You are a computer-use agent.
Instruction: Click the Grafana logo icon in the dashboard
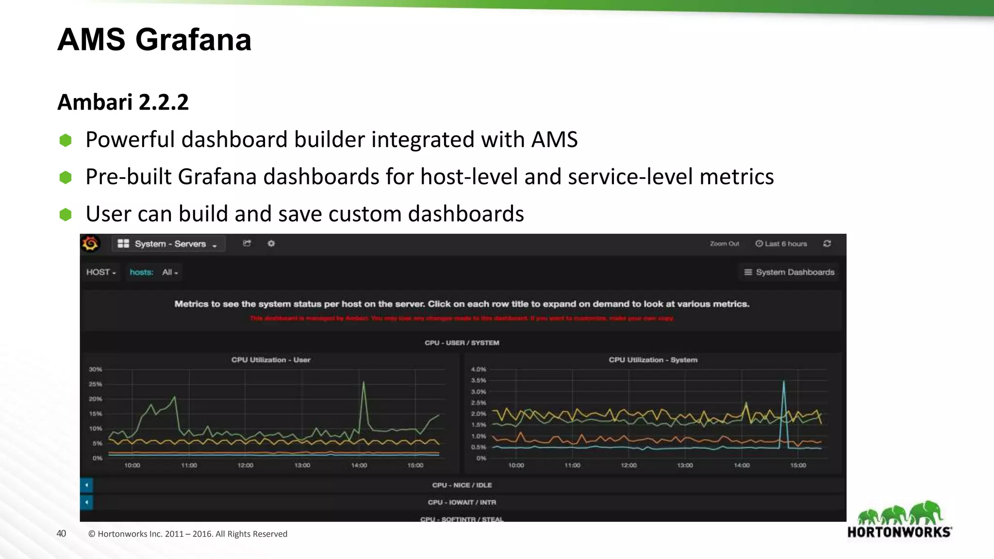click(x=90, y=244)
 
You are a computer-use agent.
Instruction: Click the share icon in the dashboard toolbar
click(x=247, y=244)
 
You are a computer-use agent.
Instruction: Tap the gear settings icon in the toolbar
click(x=271, y=244)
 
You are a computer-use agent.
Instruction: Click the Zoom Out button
click(x=724, y=244)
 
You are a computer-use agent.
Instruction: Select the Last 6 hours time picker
click(x=781, y=244)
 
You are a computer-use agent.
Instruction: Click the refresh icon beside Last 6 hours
click(x=827, y=244)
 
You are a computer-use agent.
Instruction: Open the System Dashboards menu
click(x=789, y=272)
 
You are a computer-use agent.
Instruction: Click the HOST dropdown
click(x=101, y=272)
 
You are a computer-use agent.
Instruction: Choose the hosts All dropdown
click(x=170, y=272)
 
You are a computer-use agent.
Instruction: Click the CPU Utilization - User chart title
click(x=271, y=360)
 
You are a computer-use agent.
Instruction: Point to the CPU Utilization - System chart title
click(x=653, y=360)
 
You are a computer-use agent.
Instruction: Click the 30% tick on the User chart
click(x=96, y=369)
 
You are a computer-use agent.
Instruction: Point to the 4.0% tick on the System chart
click(x=479, y=369)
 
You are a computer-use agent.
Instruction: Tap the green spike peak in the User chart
click(x=364, y=383)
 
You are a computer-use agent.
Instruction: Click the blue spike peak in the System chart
click(x=783, y=382)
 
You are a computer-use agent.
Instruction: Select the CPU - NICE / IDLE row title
click(x=462, y=485)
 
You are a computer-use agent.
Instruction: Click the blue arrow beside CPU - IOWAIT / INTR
click(x=86, y=502)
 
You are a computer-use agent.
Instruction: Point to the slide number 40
click(x=61, y=534)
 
